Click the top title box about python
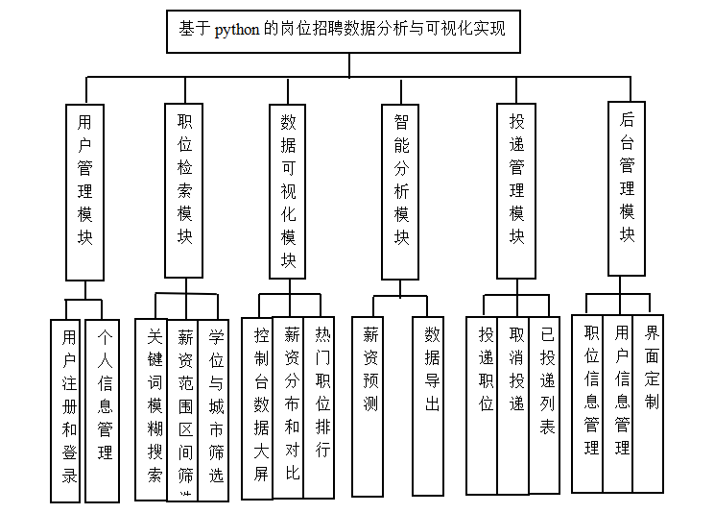click(x=348, y=31)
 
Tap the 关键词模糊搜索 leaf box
click(x=152, y=409)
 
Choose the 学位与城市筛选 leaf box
click(x=216, y=409)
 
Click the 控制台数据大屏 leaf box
click(x=259, y=407)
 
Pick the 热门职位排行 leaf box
click(x=321, y=407)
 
